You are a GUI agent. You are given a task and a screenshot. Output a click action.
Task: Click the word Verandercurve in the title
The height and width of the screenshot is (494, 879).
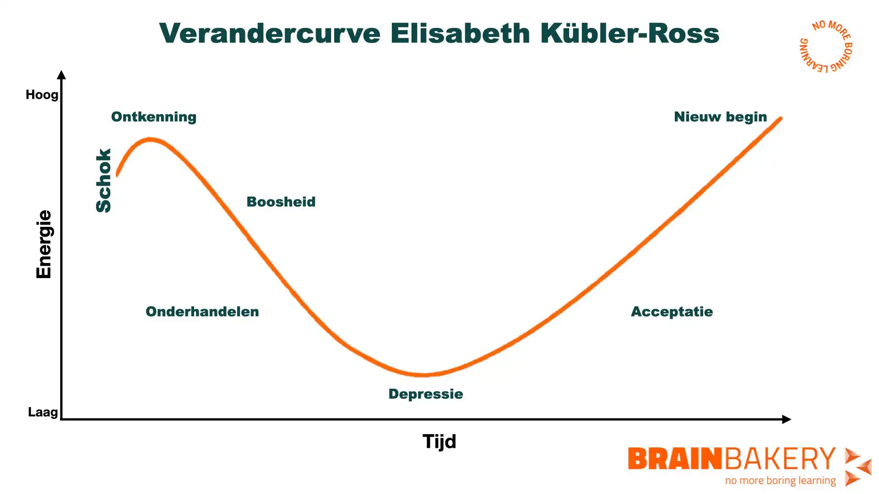coord(270,34)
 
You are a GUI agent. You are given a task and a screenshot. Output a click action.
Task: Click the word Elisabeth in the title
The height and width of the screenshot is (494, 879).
coord(460,34)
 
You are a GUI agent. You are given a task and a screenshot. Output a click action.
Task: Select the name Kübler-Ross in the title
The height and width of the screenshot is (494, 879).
coord(629,34)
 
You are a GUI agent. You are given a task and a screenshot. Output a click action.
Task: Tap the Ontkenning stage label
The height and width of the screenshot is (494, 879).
coord(154,117)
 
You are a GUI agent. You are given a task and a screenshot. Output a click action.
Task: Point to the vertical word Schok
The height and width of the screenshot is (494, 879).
coord(103,180)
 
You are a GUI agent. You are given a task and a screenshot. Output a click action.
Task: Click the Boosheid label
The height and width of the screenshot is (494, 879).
coord(281,202)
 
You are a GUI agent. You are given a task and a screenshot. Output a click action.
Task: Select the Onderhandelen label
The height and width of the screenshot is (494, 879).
coord(202,311)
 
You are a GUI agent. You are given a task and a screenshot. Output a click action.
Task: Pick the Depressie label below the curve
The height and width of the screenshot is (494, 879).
coord(426,394)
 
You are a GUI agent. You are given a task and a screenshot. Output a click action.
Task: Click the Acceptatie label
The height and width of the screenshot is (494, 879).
coord(672,311)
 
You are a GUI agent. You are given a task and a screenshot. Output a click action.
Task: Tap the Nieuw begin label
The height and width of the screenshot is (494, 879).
coord(721,117)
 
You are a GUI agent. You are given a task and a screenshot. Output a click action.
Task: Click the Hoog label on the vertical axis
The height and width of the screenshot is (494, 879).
coord(42,95)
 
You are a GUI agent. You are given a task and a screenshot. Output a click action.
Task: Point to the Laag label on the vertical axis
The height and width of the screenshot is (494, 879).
coord(43,412)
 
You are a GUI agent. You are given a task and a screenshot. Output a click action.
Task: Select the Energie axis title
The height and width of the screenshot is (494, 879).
coord(44,244)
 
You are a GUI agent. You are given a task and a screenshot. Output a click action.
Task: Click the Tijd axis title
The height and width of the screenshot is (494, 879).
coord(439,441)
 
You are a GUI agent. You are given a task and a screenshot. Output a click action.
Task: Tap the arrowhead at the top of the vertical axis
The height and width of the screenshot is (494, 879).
coord(62,75)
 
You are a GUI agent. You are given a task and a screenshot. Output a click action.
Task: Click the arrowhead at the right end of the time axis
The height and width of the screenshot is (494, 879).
coord(786,419)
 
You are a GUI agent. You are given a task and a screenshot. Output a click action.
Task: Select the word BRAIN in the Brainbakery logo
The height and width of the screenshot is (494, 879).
coord(675,459)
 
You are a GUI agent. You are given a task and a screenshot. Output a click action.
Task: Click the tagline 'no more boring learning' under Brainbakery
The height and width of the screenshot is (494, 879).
coord(780,481)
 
